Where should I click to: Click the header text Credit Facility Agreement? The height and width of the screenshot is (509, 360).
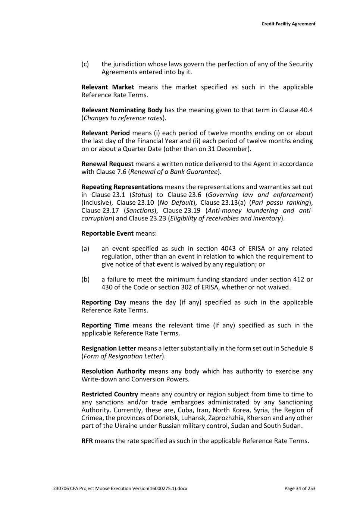click(x=288, y=24)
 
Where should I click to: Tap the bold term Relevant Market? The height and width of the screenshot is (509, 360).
click(x=107, y=87)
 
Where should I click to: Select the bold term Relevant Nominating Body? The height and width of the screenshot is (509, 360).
click(x=122, y=110)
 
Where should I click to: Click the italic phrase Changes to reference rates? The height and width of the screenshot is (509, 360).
click(x=123, y=118)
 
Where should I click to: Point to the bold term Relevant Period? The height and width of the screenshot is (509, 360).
click(x=106, y=133)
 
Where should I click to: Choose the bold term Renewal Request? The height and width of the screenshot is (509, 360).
click(x=107, y=164)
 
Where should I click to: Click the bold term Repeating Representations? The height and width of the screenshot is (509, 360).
click(x=122, y=187)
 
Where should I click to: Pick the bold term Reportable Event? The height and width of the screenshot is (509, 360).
click(x=107, y=233)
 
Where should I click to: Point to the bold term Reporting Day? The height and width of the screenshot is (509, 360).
click(x=104, y=302)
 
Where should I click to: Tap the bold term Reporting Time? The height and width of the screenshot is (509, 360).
click(x=105, y=326)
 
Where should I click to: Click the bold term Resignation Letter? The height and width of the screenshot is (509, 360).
click(x=109, y=348)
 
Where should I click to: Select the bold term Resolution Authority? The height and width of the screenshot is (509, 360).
click(x=113, y=371)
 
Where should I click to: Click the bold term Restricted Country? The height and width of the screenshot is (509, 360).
click(x=110, y=395)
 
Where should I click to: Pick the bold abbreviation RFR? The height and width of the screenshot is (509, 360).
click(x=87, y=441)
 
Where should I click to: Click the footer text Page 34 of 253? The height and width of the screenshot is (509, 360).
click(x=300, y=488)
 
